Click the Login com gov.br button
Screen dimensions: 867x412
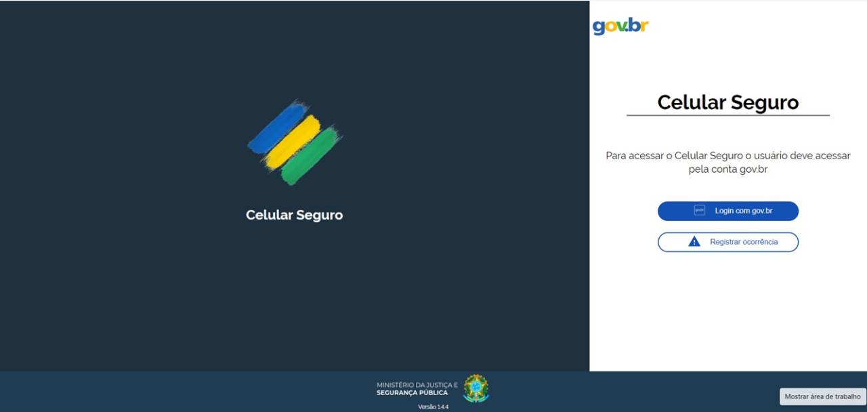(728, 211)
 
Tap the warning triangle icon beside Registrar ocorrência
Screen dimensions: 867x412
(694, 242)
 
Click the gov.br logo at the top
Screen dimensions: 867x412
(620, 26)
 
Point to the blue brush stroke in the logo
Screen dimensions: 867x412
(278, 127)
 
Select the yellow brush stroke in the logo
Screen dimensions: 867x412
(293, 142)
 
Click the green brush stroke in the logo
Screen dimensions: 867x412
(311, 156)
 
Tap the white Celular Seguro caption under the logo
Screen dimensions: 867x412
(294, 215)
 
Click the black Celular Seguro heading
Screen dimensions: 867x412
(728, 102)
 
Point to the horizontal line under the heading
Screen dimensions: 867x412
(728, 115)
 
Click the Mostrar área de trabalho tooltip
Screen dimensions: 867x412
(822, 396)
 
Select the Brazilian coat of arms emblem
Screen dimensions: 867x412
(476, 388)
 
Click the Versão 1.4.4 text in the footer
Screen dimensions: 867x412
(433, 407)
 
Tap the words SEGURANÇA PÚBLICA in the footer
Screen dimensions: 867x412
(412, 393)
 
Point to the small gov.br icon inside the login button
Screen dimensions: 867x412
(700, 210)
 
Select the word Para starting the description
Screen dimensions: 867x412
(616, 156)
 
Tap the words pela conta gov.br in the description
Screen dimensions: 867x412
(728, 169)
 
